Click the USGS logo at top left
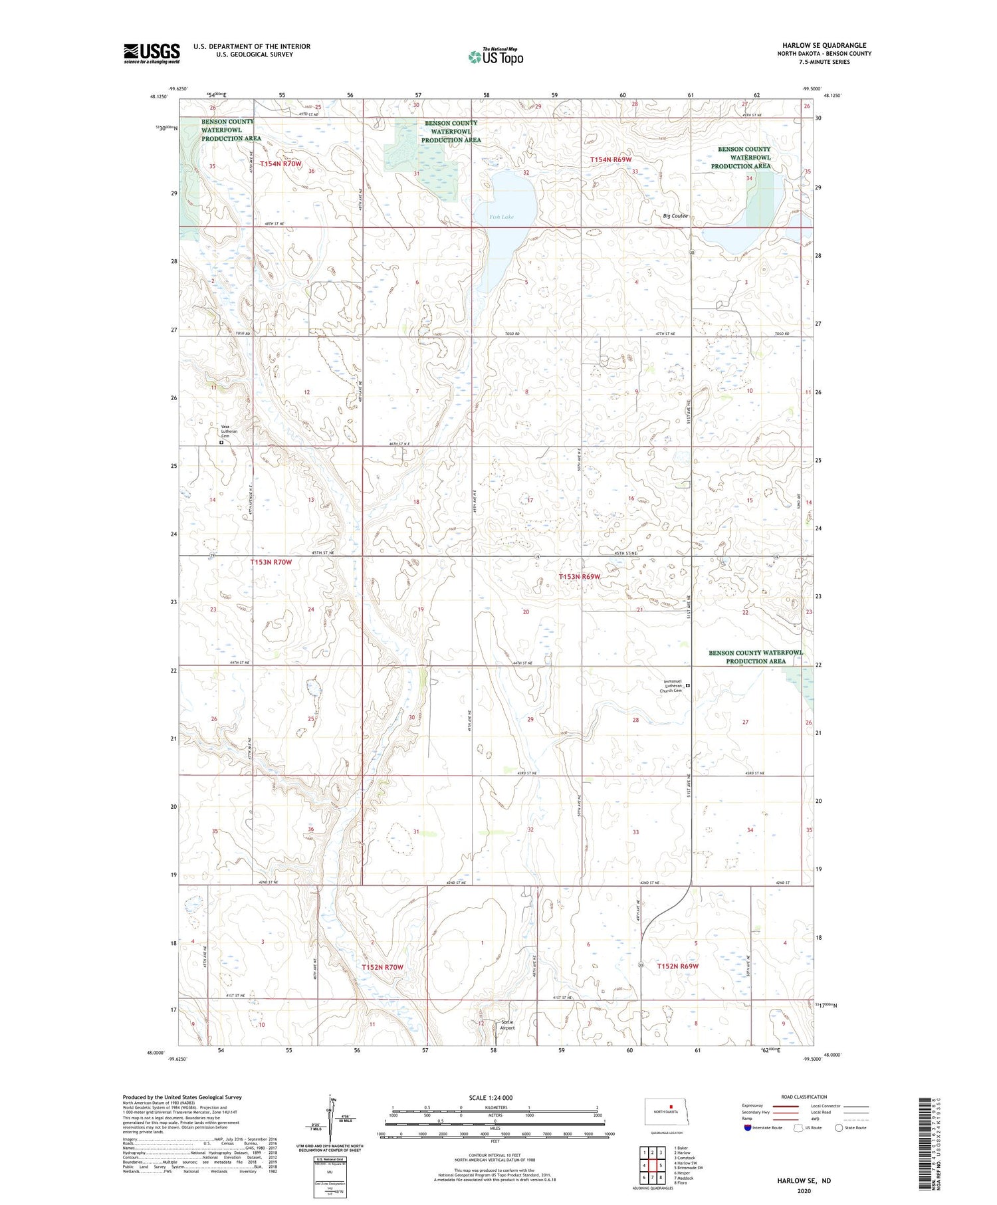(152, 53)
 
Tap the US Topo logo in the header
(495, 57)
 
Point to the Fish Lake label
(502, 217)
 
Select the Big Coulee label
(675, 216)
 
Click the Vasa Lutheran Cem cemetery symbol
(221, 442)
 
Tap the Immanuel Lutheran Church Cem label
(669, 686)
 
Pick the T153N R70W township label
(271, 562)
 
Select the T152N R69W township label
(678, 966)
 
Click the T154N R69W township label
(611, 160)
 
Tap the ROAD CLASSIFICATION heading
(804, 1097)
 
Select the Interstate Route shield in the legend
(748, 1128)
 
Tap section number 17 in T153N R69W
(530, 500)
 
